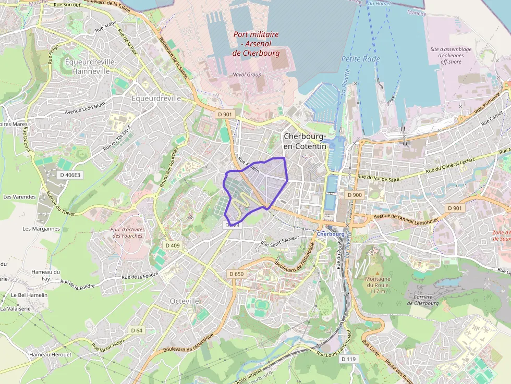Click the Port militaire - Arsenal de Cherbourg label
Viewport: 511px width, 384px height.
point(256,44)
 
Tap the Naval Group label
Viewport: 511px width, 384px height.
point(247,75)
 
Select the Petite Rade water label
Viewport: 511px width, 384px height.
point(360,59)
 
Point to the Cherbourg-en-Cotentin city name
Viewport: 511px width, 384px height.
point(305,141)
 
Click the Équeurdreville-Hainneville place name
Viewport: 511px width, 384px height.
point(91,66)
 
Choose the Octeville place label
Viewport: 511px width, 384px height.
point(185,301)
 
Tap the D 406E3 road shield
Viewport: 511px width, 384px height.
point(70,175)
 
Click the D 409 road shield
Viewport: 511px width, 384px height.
point(172,245)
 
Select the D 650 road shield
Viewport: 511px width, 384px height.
point(236,274)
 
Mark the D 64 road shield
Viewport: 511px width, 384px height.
point(137,330)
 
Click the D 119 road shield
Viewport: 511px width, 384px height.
point(348,359)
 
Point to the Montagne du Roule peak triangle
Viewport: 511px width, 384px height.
point(378,272)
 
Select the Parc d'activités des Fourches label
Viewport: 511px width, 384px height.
point(127,232)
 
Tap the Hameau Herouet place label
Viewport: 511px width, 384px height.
point(51,354)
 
